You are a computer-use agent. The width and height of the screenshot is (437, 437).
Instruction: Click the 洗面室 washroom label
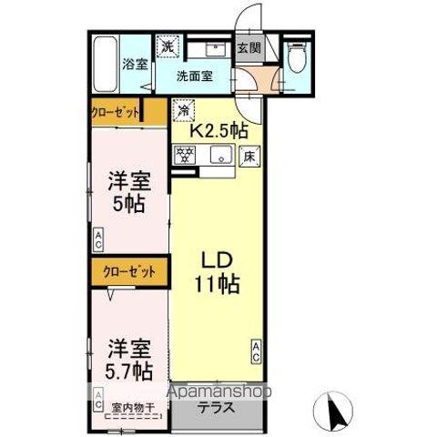coord(195,76)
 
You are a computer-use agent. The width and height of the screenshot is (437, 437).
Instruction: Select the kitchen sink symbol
coord(219,157)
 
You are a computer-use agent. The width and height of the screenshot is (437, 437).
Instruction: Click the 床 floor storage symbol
coord(249,157)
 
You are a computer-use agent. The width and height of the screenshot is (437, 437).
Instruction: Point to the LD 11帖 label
coord(218,271)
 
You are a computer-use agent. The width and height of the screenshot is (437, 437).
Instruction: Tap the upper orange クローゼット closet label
coord(116,113)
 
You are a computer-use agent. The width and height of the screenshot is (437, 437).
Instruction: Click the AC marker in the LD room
coord(257,350)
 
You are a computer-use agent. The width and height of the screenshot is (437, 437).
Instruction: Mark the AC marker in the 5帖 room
coord(97,240)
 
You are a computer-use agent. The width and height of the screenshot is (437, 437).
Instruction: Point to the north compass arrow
coord(334,412)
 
